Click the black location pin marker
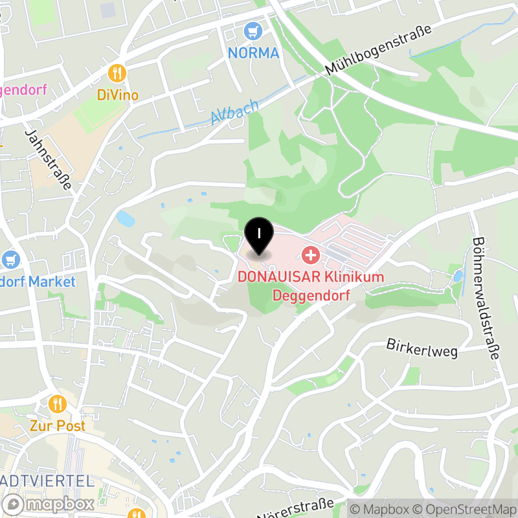[258, 236]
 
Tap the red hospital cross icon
[311, 254]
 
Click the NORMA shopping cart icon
[253, 30]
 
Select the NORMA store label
[253, 53]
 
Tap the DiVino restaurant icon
[117, 73]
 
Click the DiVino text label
[117, 95]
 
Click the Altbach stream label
[234, 111]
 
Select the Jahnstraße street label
[48, 158]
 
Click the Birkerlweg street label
[422, 348]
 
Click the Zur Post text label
[58, 426]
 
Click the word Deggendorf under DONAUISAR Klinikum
[311, 296]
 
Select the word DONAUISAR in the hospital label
[280, 277]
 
